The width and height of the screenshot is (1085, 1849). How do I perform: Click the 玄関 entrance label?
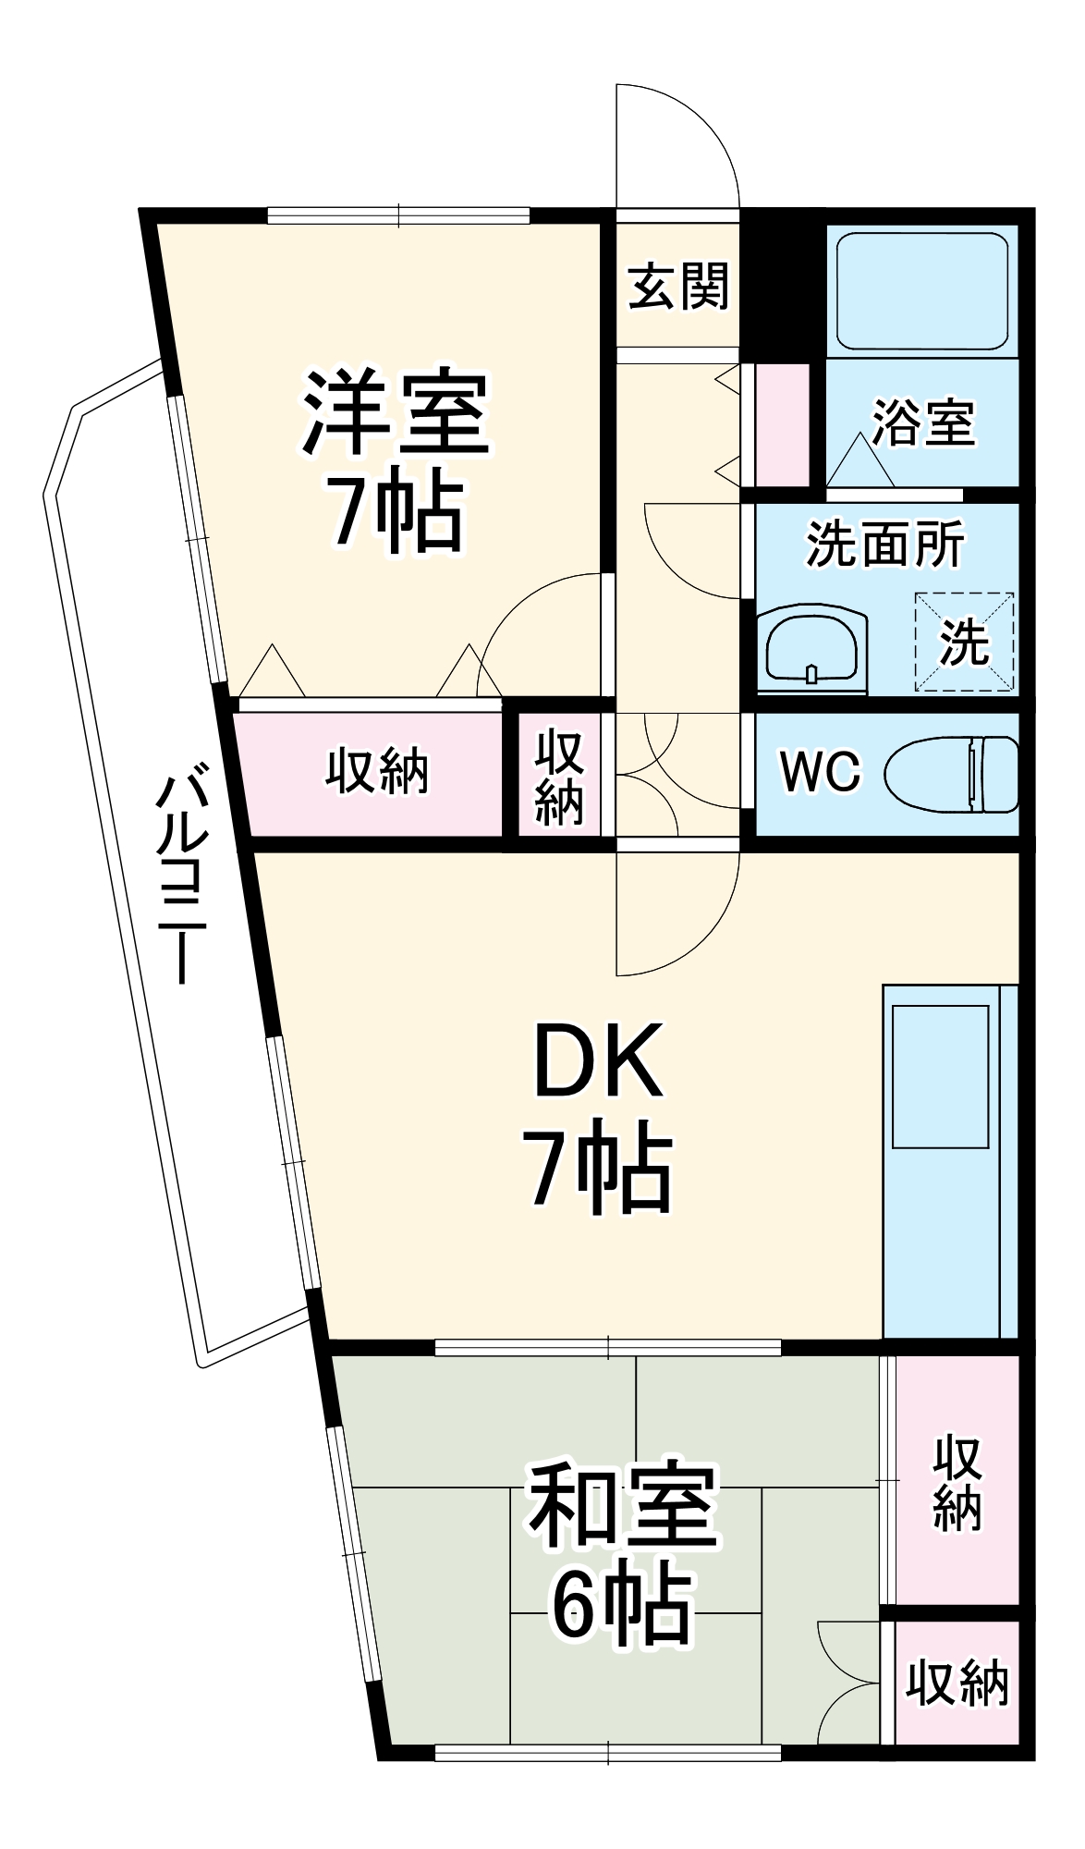(x=677, y=287)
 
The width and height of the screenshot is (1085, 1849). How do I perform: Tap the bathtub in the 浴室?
(x=922, y=290)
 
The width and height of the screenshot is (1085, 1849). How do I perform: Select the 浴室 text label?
(x=923, y=424)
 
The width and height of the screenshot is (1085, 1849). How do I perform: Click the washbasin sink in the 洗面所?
(x=812, y=649)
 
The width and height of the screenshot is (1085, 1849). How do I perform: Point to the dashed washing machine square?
(x=964, y=642)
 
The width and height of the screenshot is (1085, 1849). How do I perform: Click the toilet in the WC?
(x=952, y=774)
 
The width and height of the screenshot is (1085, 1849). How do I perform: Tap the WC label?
(x=820, y=771)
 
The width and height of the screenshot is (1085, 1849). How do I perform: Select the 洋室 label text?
(x=396, y=412)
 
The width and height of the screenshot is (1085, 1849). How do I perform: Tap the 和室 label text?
(x=622, y=1506)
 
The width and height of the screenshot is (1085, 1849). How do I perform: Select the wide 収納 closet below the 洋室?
(x=376, y=772)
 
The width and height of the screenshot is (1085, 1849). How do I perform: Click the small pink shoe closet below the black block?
(x=783, y=424)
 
